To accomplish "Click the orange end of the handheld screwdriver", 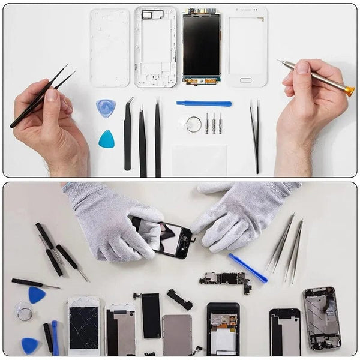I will click(x=349, y=91).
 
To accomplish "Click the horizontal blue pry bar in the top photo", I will click(x=204, y=104).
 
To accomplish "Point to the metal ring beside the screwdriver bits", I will click(x=193, y=125).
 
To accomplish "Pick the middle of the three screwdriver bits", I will click(x=214, y=123).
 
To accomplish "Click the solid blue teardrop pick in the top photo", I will click(x=107, y=140).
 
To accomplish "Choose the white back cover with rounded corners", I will click(x=110, y=47).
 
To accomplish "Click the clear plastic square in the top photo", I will click(x=199, y=160).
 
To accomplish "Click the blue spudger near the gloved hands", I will click(x=247, y=268).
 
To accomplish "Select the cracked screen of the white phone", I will click(x=83, y=328).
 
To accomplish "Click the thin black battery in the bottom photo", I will click(x=151, y=315).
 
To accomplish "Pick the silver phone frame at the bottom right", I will click(x=322, y=318).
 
